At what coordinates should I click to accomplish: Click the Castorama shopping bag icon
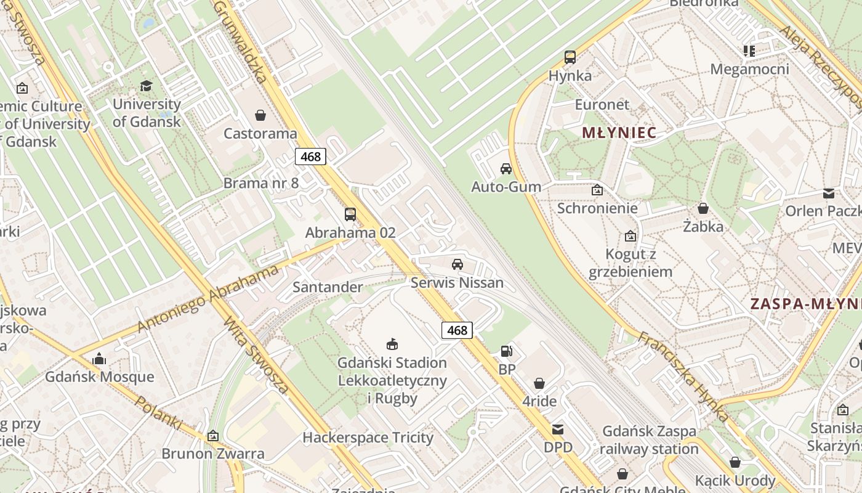coord(260,115)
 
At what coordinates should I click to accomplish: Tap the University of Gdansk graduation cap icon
coord(146,86)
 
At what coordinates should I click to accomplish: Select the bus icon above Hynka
coord(570,57)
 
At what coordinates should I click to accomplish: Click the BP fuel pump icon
coord(507,351)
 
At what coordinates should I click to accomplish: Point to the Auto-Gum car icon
coord(506,168)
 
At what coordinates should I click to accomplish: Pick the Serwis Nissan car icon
coord(457,264)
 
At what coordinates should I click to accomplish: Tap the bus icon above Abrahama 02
coord(350,214)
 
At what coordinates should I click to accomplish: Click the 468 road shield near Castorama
coord(310,157)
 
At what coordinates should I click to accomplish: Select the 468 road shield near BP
coord(457,330)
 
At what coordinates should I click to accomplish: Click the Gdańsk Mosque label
coord(100,377)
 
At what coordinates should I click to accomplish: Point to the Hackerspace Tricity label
coord(368,438)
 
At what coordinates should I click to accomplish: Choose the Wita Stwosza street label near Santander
coord(256,356)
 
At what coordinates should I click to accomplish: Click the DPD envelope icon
coord(558,430)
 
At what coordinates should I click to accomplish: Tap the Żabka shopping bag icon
coord(703,208)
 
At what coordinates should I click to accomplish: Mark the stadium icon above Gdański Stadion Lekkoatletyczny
coord(392,344)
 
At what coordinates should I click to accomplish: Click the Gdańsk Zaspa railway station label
coord(649,440)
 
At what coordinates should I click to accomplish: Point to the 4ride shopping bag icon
coord(539,383)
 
